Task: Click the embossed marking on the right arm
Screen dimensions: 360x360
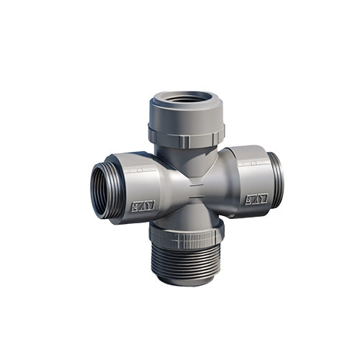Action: click(256, 198)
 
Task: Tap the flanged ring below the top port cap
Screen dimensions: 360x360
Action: click(186, 135)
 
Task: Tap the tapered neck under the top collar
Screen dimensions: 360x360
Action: click(186, 153)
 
